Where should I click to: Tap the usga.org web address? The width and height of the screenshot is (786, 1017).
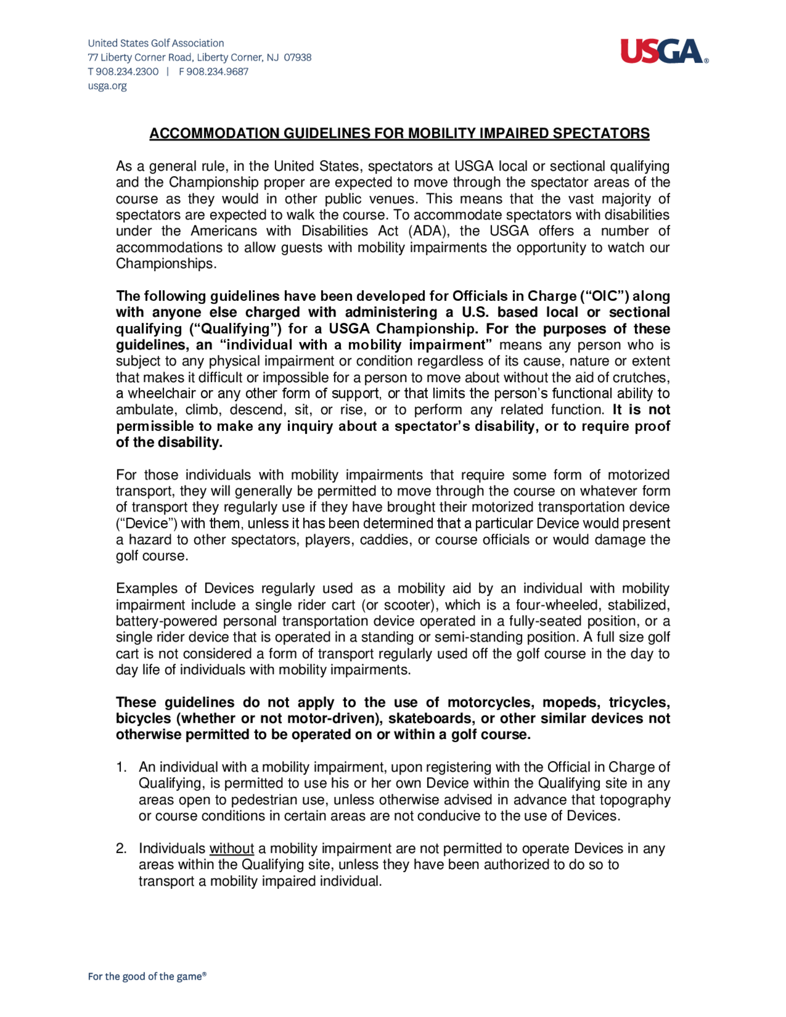(x=107, y=86)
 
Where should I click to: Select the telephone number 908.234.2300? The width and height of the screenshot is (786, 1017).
(x=127, y=72)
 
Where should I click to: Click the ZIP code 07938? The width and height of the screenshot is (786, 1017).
(x=298, y=57)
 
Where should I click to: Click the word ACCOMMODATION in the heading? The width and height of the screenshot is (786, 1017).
(x=215, y=134)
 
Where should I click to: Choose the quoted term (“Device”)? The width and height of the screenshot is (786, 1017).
(x=146, y=524)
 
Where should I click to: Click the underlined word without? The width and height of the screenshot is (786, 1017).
(x=231, y=849)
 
